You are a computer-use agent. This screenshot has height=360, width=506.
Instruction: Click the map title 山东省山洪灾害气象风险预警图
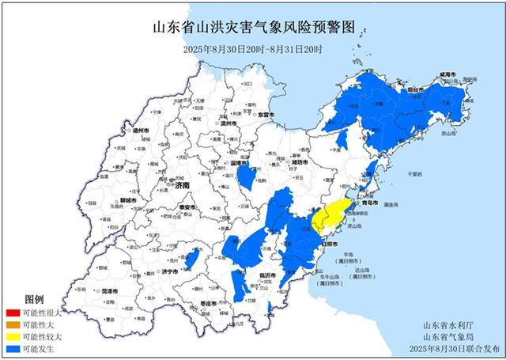coord(253,29)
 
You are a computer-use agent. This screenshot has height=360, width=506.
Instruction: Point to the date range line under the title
coord(253,49)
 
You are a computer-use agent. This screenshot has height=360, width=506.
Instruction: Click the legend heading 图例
coord(34,301)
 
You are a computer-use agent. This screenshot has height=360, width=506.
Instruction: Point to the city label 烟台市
coord(409,92)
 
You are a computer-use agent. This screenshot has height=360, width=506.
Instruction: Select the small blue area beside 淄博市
coord(247,176)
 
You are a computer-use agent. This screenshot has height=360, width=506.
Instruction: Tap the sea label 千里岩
coord(416,172)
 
